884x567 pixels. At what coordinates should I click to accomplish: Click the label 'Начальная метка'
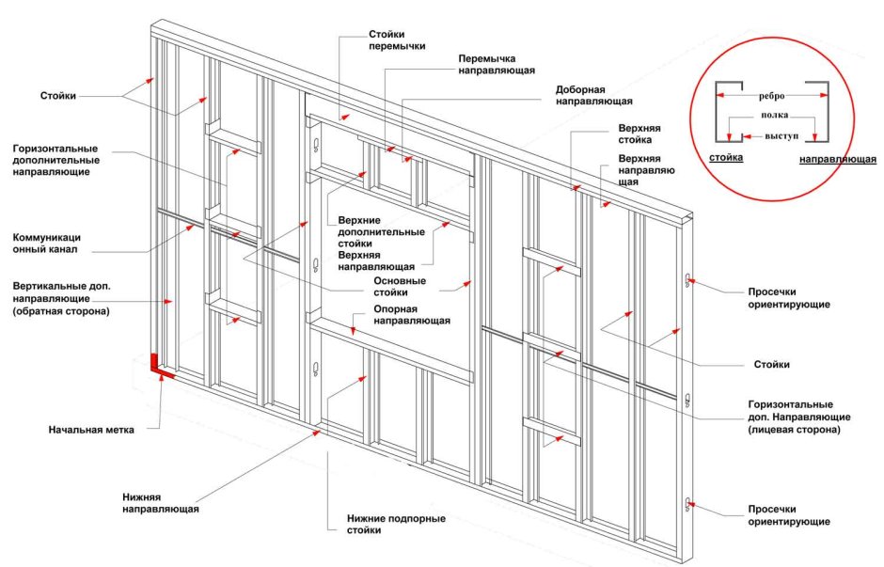[91, 430]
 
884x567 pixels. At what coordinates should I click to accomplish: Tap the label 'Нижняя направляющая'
[160, 502]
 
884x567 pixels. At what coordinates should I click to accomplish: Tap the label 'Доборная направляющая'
[592, 95]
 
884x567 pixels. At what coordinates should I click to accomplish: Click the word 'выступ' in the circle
[781, 135]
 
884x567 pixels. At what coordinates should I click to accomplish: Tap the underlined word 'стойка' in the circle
[726, 158]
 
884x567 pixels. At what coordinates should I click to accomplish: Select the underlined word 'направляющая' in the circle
[838, 159]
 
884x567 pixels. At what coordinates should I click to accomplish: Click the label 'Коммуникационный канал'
[53, 244]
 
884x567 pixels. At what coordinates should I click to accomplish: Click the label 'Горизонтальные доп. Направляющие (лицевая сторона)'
[799, 416]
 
